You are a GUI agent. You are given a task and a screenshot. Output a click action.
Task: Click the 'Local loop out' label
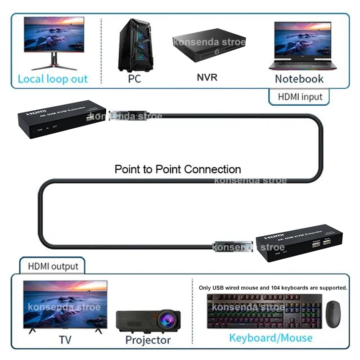[53, 79]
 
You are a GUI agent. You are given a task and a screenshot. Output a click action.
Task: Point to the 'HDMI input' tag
[300, 96]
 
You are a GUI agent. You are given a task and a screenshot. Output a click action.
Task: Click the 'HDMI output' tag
[53, 266]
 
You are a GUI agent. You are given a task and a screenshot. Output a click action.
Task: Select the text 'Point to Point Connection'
[178, 169]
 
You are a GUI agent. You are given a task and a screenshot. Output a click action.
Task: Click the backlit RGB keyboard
[264, 310]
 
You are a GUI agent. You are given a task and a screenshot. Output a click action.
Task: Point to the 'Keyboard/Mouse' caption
[270, 337]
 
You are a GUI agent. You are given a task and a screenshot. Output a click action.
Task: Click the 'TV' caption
[65, 339]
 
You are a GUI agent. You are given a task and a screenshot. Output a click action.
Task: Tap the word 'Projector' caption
[148, 340]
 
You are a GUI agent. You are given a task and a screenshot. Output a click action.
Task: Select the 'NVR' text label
[207, 77]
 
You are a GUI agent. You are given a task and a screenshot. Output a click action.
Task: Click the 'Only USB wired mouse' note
[273, 287]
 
